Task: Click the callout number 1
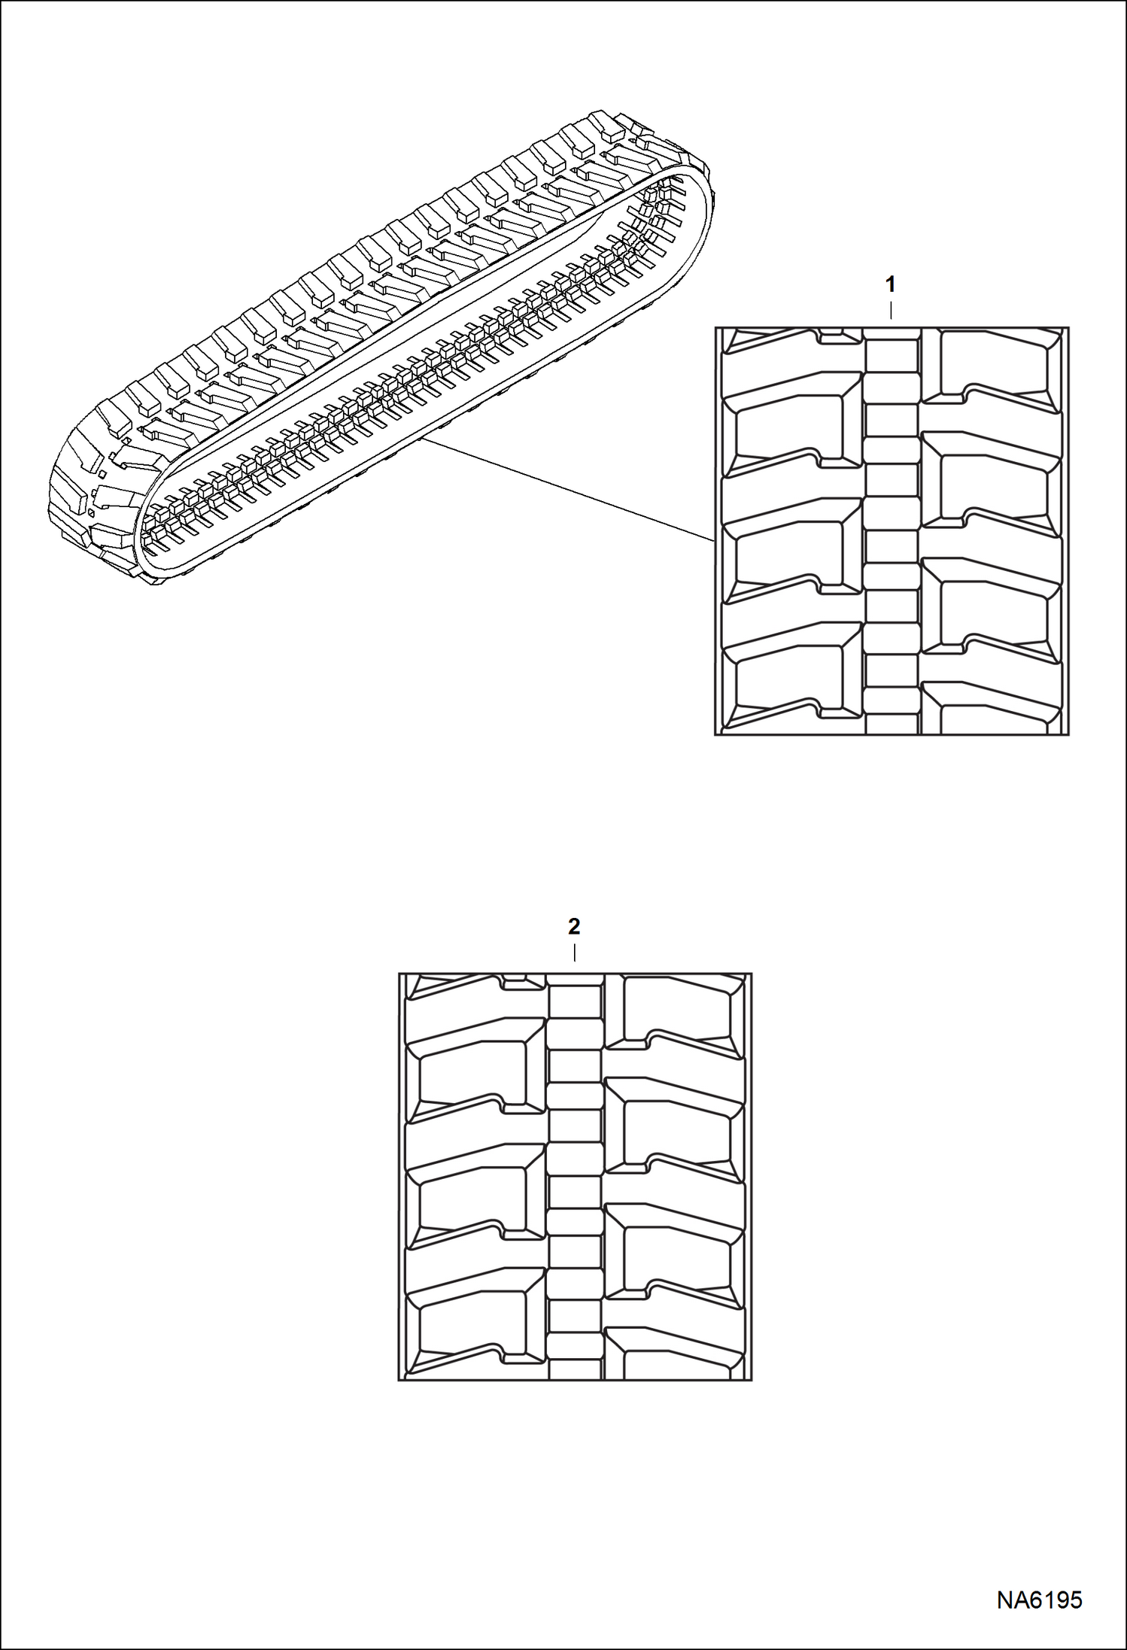(x=891, y=285)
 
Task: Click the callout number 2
(x=574, y=927)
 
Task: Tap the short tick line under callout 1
(x=892, y=311)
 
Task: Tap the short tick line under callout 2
(x=575, y=953)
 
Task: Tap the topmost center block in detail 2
(x=575, y=1001)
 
